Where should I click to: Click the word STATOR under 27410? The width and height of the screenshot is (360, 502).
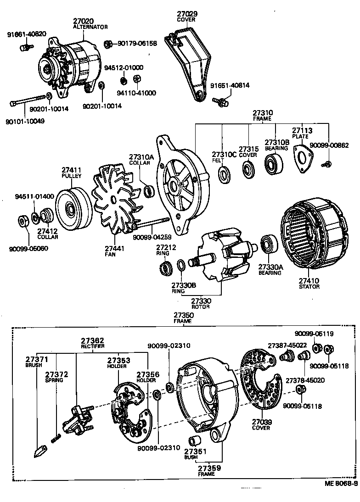tap(309, 287)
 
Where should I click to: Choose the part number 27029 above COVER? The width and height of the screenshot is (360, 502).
tap(186, 15)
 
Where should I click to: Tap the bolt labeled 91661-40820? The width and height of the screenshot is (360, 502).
tap(28, 46)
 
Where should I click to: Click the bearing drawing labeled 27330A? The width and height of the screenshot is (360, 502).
tap(267, 245)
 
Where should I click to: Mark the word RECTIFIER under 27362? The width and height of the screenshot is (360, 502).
tap(93, 346)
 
